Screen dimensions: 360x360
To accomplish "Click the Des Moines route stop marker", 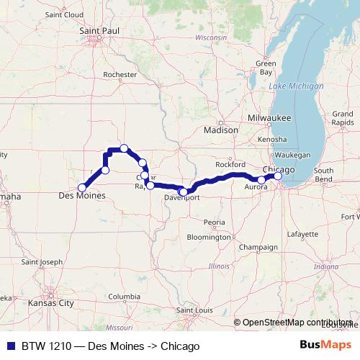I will point(82,187).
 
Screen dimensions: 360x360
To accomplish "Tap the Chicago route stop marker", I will point(278,176).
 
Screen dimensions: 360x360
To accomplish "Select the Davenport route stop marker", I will point(184,192).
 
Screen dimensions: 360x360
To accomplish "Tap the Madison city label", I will point(221,130).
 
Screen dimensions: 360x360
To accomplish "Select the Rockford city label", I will point(231,164).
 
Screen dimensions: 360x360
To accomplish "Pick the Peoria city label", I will point(215,222).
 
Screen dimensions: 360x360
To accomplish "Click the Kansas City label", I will point(51,304).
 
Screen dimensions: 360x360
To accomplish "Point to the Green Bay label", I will point(266,68).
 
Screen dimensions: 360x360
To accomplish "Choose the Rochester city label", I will point(120,74).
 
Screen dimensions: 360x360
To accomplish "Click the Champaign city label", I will point(258,247).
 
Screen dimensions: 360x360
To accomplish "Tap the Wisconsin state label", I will point(210,37).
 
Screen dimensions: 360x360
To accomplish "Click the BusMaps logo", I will point(325,346).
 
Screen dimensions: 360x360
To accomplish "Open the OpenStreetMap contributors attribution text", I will point(297,323).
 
